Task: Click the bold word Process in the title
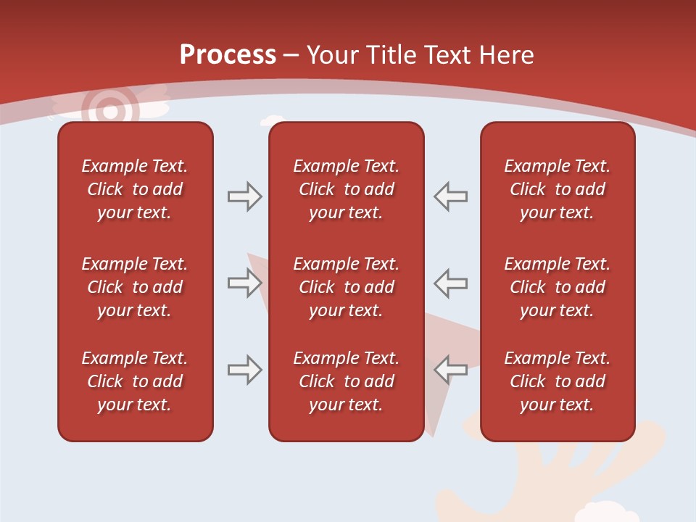228,55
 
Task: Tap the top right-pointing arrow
244,196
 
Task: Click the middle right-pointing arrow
244,283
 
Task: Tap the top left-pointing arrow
451,196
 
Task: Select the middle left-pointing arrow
451,283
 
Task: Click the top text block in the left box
135,189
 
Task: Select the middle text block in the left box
135,287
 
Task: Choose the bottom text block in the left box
135,381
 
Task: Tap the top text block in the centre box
346,189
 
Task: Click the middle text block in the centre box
346,287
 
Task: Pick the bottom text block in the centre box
346,381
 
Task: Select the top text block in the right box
558,189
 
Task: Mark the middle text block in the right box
558,287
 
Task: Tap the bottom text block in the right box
558,381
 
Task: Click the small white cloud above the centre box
273,120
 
